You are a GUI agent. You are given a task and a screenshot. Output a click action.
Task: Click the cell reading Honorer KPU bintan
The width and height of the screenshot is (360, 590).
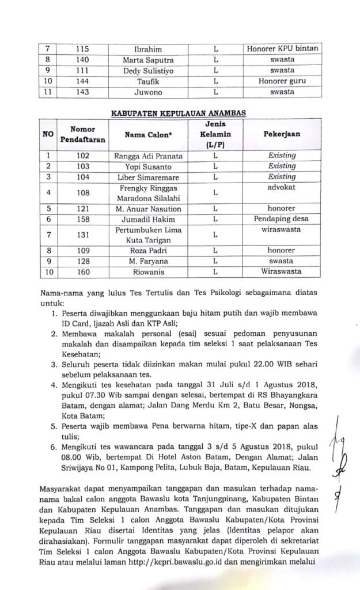coord(282,49)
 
